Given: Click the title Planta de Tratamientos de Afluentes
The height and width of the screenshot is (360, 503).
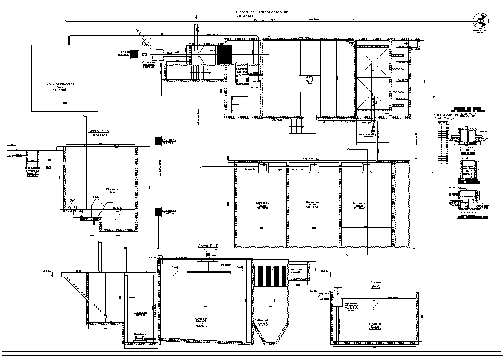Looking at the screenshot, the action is point(261,14).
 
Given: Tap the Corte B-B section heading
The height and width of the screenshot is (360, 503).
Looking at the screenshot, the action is point(208,246).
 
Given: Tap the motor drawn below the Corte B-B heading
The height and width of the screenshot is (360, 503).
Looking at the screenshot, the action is point(207,254).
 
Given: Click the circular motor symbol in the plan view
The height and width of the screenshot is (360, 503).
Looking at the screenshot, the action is point(310,80).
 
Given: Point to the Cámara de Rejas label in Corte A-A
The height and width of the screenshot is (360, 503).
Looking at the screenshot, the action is point(112,190).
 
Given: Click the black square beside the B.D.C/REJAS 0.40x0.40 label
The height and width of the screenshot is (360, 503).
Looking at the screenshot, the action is point(144,54).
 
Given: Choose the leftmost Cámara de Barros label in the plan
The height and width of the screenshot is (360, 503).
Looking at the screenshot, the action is point(262,205).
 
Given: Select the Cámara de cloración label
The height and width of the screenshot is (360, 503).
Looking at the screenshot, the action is point(296,270).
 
